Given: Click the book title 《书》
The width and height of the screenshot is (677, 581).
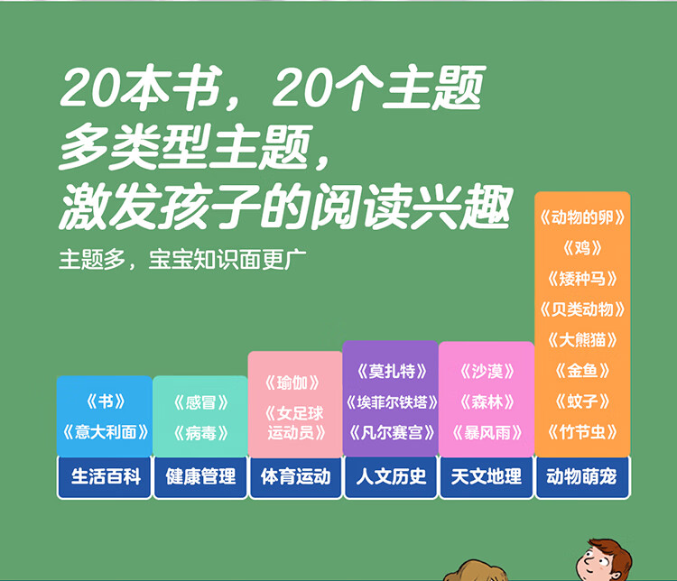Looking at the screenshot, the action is (106, 401).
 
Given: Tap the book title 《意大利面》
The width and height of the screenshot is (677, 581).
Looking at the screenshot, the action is (106, 432).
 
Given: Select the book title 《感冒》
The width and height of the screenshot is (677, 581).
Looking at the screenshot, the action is (200, 402).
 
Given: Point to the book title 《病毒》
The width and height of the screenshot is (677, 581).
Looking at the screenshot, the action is (200, 433).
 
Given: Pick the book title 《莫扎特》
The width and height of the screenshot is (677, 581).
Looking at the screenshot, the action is (391, 371).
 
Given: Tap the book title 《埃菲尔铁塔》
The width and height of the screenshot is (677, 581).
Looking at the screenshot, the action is (391, 402).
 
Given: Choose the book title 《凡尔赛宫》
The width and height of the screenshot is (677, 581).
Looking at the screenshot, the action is (391, 432).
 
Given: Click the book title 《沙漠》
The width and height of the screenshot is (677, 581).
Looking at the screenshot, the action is (487, 371).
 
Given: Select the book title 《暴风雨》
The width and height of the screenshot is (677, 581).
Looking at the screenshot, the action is (487, 432).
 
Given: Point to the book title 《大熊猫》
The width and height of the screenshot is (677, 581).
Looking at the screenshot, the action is (582, 340).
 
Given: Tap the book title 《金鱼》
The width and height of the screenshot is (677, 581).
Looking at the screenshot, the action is (582, 371).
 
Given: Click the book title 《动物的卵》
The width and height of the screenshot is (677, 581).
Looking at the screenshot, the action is (582, 217).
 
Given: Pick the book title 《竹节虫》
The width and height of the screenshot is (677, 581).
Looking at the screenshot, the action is (582, 432).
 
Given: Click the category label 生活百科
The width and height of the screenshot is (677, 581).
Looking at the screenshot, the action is (106, 477).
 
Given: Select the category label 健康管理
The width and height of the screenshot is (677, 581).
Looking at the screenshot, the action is (200, 477).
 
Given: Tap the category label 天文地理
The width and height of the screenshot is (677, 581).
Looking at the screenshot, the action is (487, 477).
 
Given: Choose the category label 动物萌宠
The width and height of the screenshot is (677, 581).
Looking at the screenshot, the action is (581, 477).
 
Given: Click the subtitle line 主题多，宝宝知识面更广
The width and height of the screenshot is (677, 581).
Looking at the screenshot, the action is (182, 260).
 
